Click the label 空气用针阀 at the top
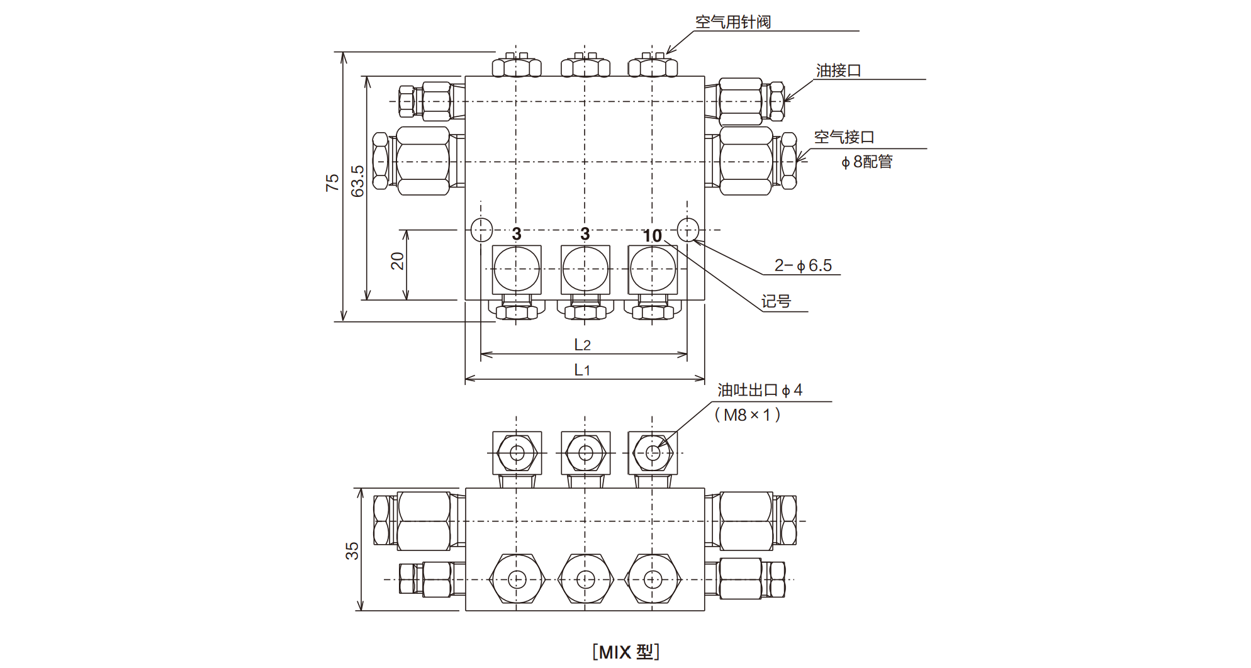pyautogui.click(x=732, y=22)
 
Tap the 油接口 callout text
pyautogui.click(x=838, y=70)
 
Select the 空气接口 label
pyautogui.click(x=844, y=137)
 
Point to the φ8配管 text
pyautogui.click(x=867, y=162)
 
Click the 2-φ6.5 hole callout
pyautogui.click(x=803, y=265)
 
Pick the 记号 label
pyautogui.click(x=776, y=302)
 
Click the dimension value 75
pyautogui.click(x=332, y=182)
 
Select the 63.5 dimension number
pyautogui.click(x=357, y=181)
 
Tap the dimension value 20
pyautogui.click(x=397, y=261)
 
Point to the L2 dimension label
pyautogui.click(x=582, y=345)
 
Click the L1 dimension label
pyautogui.click(x=582, y=370)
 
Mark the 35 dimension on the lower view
pyautogui.click(x=351, y=551)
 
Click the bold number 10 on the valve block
pyautogui.click(x=652, y=236)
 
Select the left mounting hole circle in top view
pyautogui.click(x=481, y=230)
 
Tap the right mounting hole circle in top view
pyautogui.click(x=688, y=230)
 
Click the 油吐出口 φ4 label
pyautogui.click(x=760, y=390)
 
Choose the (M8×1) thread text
pyautogui.click(x=748, y=415)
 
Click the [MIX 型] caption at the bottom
pyautogui.click(x=625, y=652)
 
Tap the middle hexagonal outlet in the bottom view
pyautogui.click(x=585, y=579)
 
